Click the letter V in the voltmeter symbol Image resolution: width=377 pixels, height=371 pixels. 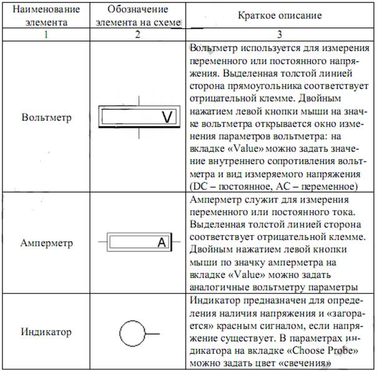(x=166, y=117)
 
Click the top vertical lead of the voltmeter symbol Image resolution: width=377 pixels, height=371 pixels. (x=143, y=100)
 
